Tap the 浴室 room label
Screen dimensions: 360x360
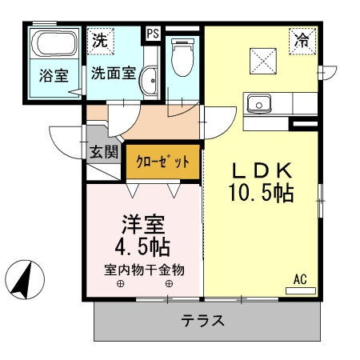pos(53,78)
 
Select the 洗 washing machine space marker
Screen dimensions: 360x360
pos(99,39)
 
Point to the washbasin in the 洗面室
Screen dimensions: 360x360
pos(150,80)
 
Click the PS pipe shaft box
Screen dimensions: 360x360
pos(153,34)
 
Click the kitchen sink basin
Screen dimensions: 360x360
pos(259,104)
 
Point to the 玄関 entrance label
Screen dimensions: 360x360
pos(102,150)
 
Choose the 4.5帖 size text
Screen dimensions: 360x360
pos(143,245)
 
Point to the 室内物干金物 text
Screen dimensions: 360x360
pos(143,270)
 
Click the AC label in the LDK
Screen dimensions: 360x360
pos(300,280)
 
